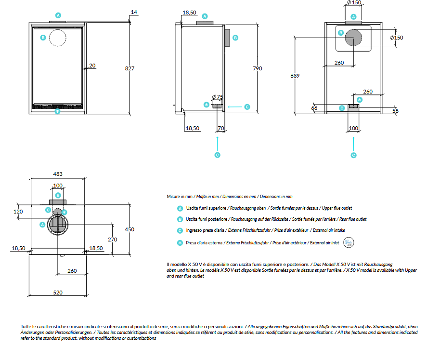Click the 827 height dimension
point(129,68)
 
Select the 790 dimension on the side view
point(258,68)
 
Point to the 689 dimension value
point(295,75)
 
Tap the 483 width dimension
point(58,174)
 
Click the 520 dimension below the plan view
point(58,292)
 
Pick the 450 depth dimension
point(129,229)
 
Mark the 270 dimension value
point(112,240)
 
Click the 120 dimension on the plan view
point(18,212)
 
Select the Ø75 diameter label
point(218,97)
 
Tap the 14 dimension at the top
point(133,12)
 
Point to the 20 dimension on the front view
point(92,66)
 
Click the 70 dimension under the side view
point(221,129)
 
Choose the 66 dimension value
point(314,108)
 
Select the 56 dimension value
point(396,111)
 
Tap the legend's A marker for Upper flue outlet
point(180,208)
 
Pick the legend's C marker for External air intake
point(180,230)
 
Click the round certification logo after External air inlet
point(349,242)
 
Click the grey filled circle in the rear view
point(354,38)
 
